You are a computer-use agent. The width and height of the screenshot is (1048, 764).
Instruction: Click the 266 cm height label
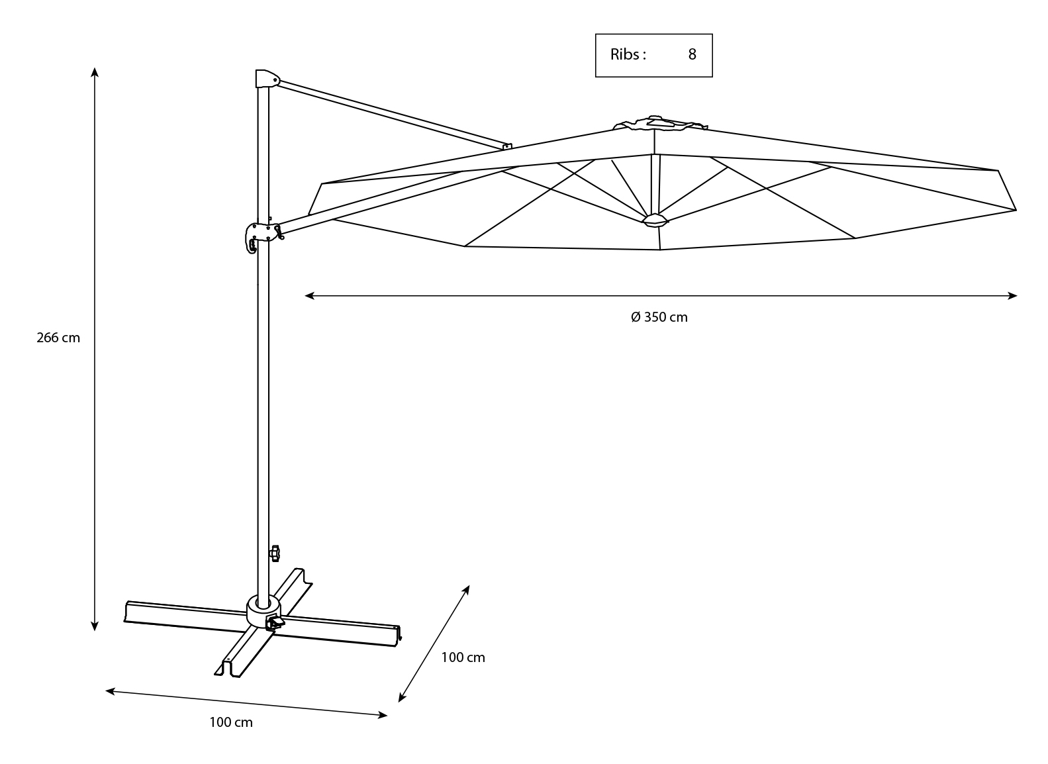click(58, 338)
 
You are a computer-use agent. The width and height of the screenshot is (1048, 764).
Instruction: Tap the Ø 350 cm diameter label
click(659, 317)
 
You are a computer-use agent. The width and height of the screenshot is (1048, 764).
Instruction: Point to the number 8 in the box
click(692, 55)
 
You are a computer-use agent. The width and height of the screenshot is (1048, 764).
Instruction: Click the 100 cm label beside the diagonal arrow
click(463, 657)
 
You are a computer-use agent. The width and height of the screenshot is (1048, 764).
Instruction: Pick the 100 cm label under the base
click(231, 722)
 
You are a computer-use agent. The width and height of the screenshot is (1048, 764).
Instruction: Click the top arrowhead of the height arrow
click(95, 71)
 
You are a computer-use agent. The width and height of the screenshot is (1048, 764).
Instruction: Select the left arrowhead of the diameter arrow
click(309, 296)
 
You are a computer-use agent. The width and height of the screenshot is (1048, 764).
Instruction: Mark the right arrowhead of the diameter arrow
click(1013, 296)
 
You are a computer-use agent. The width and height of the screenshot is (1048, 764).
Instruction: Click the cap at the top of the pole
click(266, 78)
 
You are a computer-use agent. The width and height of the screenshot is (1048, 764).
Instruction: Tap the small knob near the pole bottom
click(275, 552)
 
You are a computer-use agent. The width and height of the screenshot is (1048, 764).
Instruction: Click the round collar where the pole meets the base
click(263, 610)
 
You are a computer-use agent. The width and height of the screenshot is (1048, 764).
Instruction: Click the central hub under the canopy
click(654, 220)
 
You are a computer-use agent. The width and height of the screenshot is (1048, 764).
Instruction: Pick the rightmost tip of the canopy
click(1015, 210)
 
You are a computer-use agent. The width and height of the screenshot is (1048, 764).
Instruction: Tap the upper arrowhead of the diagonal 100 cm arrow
click(467, 588)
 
